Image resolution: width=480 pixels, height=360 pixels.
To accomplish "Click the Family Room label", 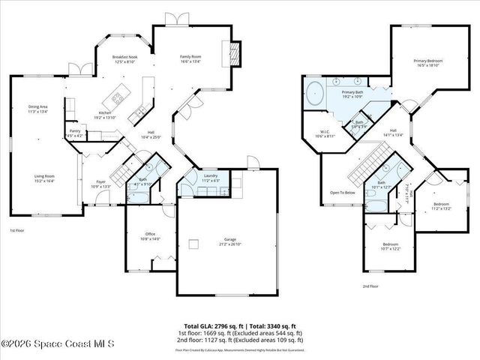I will (x=190, y=58).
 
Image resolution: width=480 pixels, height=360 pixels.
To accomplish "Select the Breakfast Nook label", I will (x=125, y=59).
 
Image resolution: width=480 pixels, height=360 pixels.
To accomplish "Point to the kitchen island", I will (x=118, y=96).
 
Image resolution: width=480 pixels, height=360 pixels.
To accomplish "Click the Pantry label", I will (x=75, y=133).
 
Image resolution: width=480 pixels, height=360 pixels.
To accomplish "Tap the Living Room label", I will (x=45, y=178).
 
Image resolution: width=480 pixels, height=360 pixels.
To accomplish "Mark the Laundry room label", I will (x=210, y=178).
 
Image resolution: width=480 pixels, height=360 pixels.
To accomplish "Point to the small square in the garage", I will (x=193, y=243).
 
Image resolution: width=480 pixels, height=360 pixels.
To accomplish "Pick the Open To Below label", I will (x=342, y=193).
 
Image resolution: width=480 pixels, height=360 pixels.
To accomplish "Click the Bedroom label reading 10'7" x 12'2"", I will (x=390, y=246).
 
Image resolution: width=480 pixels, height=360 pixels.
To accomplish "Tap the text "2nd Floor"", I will (x=370, y=286).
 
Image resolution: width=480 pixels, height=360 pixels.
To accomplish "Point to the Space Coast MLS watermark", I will (x=58, y=344).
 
